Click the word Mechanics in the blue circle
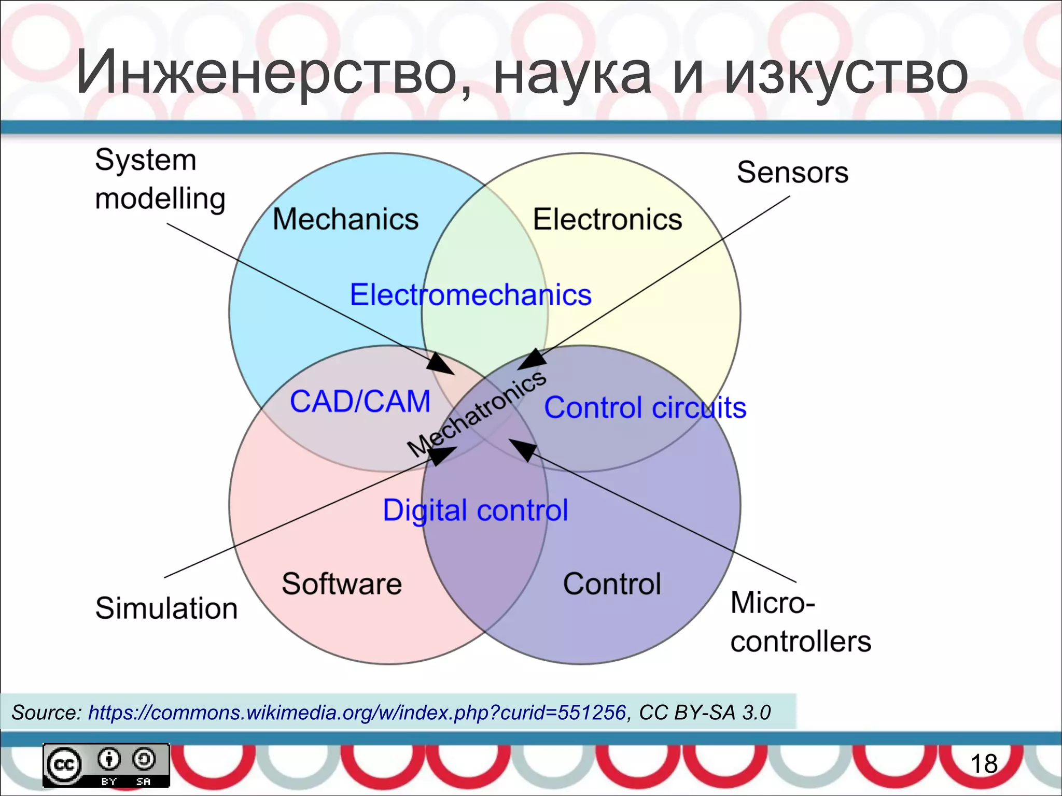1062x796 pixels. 345,219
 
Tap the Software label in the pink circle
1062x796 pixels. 342,584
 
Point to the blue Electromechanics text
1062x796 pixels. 470,294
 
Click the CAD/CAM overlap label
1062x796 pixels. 360,401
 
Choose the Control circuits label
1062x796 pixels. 645,407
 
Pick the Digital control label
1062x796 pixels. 475,510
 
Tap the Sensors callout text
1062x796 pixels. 792,172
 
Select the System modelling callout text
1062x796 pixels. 160,179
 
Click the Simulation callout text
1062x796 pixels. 166,608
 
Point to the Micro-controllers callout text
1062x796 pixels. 800,622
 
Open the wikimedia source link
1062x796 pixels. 357,713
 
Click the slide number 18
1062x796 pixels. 983,764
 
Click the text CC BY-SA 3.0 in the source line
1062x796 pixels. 704,713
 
